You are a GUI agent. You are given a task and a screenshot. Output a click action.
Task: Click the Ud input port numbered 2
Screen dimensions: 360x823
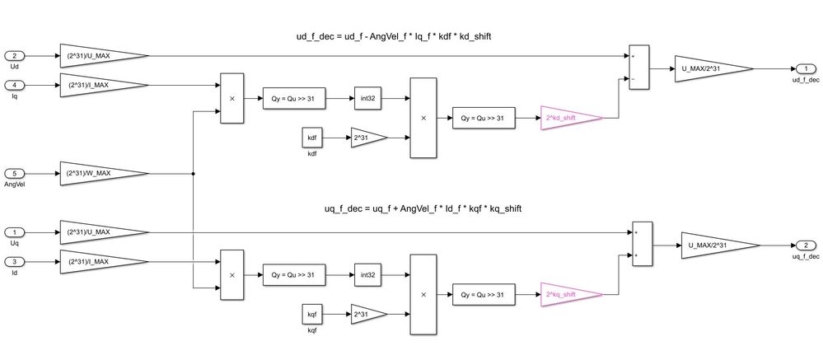(16, 56)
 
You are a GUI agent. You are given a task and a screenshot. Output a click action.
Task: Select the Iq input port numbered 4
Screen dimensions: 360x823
(16, 84)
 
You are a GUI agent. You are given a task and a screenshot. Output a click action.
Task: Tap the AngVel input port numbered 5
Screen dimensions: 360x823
(16, 174)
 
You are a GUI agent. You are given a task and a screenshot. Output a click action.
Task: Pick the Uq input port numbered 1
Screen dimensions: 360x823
(16, 232)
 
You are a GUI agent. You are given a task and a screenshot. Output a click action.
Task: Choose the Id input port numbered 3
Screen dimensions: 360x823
(16, 261)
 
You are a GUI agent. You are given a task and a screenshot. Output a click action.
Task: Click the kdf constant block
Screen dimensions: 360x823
(311, 138)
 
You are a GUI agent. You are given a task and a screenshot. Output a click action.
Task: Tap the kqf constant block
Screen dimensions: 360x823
(311, 316)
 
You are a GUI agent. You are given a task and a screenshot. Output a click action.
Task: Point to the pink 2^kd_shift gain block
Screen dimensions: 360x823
(568, 118)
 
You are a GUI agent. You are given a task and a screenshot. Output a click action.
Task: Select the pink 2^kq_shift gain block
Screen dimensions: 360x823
(568, 295)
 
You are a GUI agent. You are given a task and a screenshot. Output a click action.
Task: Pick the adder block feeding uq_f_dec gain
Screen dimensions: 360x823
(643, 245)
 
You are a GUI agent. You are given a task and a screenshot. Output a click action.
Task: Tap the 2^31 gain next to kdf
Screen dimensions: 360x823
(366, 138)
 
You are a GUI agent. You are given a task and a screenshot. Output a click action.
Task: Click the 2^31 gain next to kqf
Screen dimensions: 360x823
(366, 316)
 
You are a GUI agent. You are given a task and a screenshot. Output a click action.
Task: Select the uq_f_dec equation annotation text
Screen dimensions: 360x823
(423, 208)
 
